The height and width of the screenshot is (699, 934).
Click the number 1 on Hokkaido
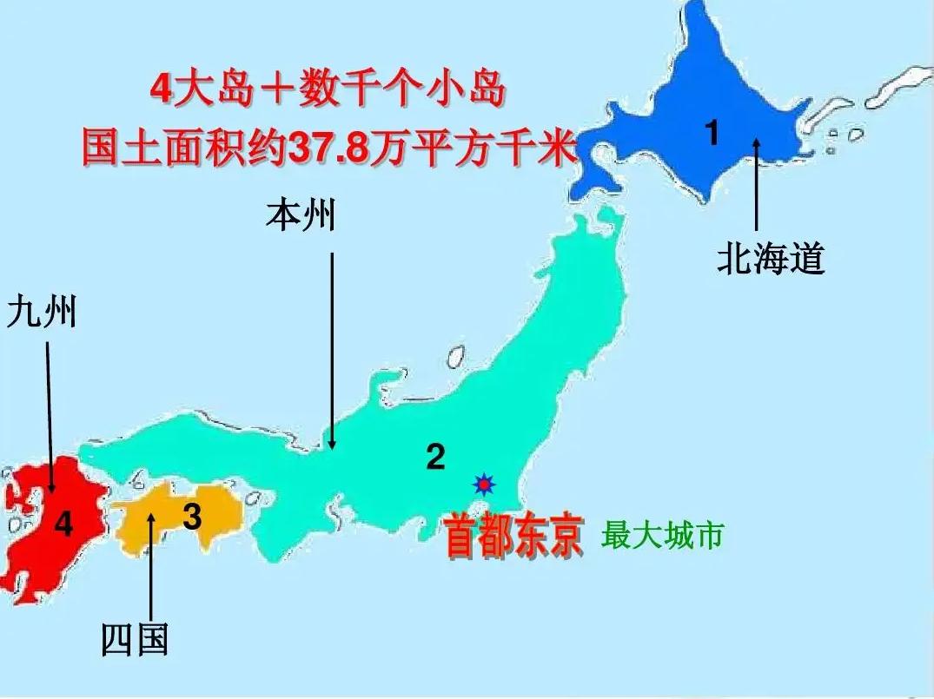tap(712, 134)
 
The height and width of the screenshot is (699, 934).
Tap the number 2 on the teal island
tap(435, 456)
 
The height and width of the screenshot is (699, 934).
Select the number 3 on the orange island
tap(192, 517)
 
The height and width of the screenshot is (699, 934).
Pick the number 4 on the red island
tap(63, 524)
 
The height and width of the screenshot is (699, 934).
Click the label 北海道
tap(770, 258)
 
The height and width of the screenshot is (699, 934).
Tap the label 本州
tap(301, 214)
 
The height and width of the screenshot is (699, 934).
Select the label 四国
tap(134, 640)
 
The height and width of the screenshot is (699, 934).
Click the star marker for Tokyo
tap(482, 484)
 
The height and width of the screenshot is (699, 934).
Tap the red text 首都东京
tap(513, 538)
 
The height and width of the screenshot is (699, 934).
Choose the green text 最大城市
tap(662, 536)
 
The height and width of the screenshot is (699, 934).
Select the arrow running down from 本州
tap(332, 347)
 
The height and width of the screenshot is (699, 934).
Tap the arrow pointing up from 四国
tap(152, 564)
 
